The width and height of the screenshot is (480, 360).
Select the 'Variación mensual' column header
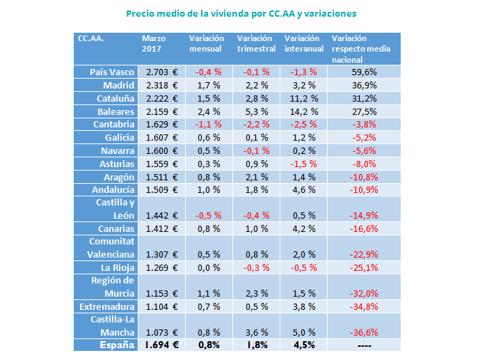[206, 44]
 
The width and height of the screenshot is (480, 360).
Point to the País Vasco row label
[112, 72]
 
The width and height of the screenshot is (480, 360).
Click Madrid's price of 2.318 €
[161, 85]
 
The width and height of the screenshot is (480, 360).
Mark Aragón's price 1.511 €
[161, 178]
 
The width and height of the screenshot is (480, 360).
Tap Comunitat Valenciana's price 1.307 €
[161, 255]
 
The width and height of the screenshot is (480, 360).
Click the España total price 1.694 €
[161, 345]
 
